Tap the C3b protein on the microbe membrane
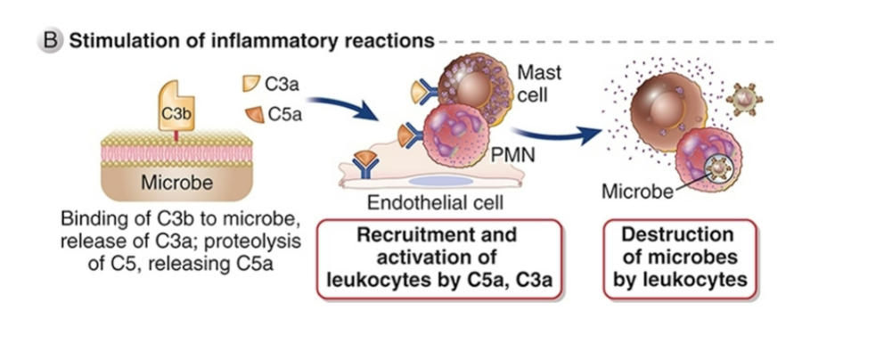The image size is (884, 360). [175, 106]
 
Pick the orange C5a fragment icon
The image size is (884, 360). [255, 113]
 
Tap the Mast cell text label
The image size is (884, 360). [539, 82]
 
